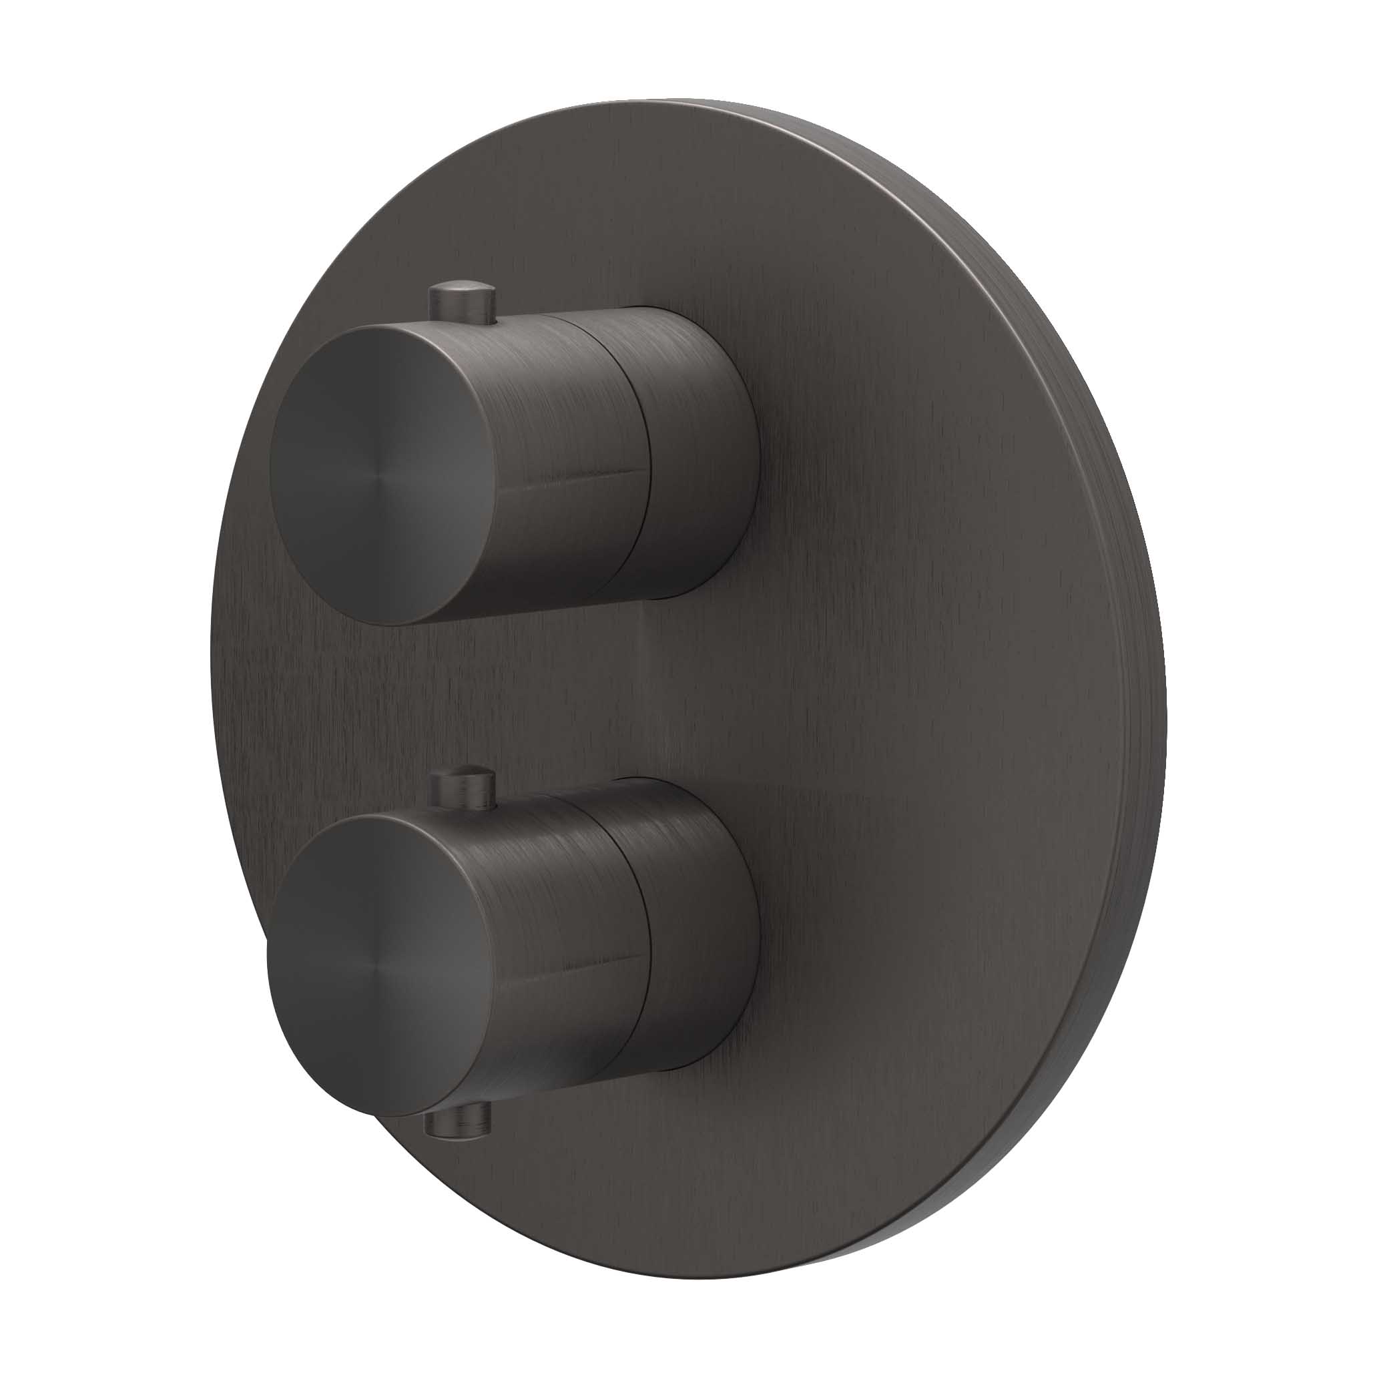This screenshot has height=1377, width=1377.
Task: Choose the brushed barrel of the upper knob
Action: (x=556, y=399)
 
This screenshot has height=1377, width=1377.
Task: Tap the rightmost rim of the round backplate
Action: (x=1165, y=684)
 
